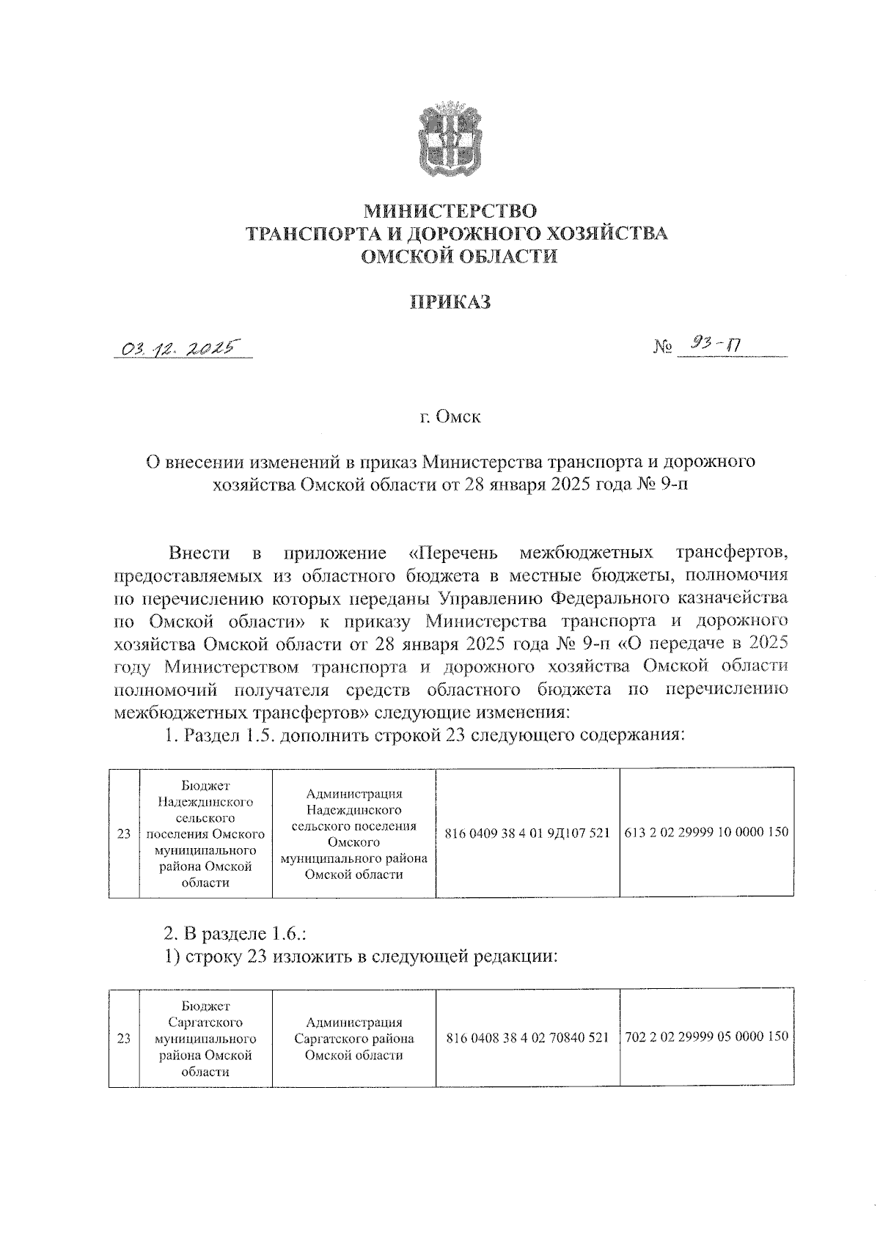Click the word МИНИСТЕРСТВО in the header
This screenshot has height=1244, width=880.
(x=450, y=212)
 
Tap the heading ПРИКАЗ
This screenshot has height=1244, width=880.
(x=449, y=301)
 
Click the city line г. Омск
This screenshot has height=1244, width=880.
(x=450, y=417)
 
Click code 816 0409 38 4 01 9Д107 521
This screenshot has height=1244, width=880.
(x=527, y=833)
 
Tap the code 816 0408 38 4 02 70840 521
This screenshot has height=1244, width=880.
(x=527, y=1038)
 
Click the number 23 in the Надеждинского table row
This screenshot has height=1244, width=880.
(x=124, y=833)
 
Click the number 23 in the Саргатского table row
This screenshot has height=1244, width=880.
(x=124, y=1038)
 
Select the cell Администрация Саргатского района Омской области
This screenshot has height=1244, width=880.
(x=353, y=1038)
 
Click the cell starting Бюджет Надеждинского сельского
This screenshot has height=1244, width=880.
(x=205, y=833)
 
